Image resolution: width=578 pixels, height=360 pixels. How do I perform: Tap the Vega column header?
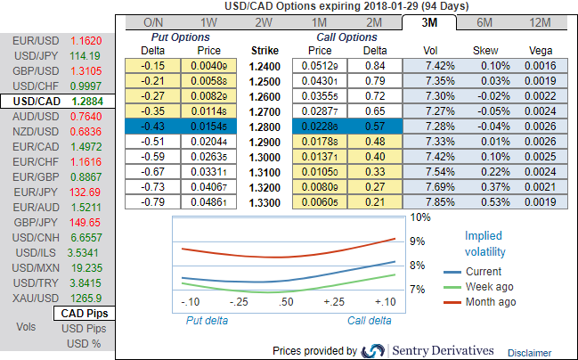(541, 51)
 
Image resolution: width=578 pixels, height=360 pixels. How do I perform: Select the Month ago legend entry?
(490, 302)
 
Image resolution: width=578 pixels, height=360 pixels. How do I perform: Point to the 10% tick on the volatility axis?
(420, 217)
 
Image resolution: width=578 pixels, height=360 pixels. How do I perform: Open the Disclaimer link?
(530, 352)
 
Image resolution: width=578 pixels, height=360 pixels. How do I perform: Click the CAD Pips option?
(84, 313)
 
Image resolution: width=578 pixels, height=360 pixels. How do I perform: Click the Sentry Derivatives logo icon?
(374, 350)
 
